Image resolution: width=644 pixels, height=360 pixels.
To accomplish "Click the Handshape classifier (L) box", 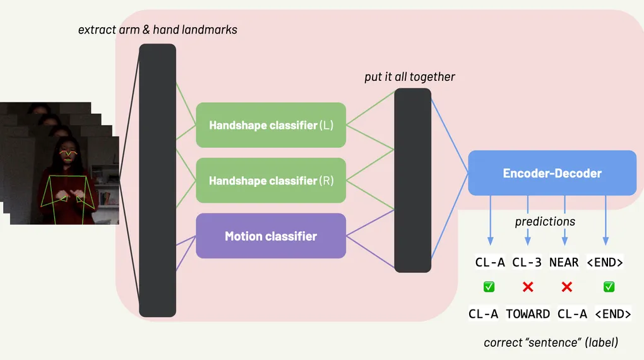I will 271,125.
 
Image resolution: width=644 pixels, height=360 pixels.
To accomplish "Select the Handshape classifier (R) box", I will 271,181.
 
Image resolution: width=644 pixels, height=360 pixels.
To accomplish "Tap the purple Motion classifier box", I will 271,236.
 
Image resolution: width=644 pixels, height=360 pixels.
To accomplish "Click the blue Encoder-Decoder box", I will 552,173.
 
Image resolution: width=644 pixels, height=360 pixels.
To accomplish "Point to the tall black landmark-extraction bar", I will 157,180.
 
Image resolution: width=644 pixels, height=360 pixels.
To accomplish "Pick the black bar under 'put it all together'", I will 413,181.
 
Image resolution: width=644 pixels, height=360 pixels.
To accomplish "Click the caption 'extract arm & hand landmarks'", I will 157,30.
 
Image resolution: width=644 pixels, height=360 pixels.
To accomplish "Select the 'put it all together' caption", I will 410,77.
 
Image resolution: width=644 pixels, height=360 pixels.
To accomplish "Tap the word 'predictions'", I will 545,222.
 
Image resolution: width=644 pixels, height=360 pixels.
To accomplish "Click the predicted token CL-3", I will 527,262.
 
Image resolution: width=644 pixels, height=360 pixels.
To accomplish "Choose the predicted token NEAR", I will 564,262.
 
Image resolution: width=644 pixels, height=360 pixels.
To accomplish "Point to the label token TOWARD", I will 527,313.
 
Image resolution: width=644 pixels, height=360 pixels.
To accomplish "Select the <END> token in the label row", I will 609,313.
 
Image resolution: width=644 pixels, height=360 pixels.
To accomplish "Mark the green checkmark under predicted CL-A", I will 489,287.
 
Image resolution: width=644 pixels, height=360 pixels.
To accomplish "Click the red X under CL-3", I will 528,287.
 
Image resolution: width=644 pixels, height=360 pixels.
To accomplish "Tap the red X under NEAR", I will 566,287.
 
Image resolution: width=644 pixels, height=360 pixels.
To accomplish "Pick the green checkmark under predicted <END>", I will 609,287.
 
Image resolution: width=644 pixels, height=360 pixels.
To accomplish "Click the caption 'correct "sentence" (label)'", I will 551,343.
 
